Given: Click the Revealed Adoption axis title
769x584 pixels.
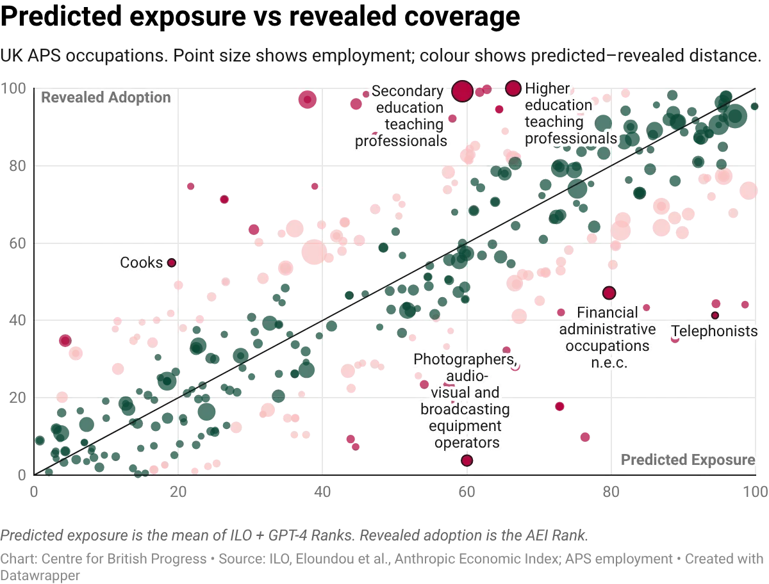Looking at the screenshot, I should pos(106,98).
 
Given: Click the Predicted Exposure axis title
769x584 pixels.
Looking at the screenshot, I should pos(688,460).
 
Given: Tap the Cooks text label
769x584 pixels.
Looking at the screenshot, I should pos(142,263).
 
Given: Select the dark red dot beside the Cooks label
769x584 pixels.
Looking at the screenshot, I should pos(171,262).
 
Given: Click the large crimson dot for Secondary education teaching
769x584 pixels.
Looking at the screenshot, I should pos(463,92).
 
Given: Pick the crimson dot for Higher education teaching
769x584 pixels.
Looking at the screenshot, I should pos(513,88).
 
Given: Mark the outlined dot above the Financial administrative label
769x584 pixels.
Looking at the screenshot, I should pos(609,293).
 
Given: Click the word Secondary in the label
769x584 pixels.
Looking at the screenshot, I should pos(407,91).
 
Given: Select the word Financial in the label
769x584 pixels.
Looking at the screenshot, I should pos(608,312).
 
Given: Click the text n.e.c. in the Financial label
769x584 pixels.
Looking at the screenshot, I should pos(608,363).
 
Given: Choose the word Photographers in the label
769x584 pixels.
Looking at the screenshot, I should pos(463,359).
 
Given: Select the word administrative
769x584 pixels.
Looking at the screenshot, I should pos(608,329).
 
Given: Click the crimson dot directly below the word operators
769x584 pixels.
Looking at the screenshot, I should pos(467,460).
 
